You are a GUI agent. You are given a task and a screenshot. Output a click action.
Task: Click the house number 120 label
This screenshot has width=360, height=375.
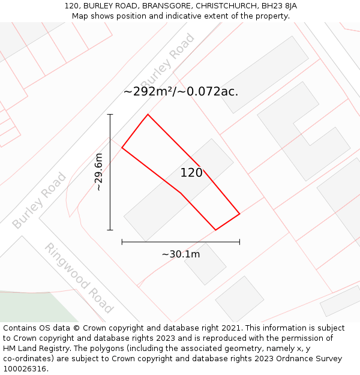(x=191, y=173)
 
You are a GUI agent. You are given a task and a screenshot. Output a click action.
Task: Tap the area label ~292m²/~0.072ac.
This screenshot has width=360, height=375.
(x=181, y=92)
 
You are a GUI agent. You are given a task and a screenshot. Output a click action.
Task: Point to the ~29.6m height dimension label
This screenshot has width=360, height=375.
(x=99, y=172)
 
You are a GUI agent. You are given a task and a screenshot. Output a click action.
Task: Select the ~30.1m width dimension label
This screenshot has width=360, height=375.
(x=181, y=254)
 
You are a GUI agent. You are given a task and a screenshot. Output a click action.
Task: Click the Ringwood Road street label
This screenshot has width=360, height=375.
(x=79, y=278)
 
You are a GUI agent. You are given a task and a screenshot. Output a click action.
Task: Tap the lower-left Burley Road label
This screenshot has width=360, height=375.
(x=39, y=200)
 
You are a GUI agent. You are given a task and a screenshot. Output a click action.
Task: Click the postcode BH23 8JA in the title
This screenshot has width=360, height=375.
(x=278, y=6)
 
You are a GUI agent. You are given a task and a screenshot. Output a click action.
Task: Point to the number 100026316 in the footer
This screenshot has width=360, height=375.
(x=24, y=369)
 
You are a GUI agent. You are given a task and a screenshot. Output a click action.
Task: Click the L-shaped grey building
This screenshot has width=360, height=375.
(x=304, y=131)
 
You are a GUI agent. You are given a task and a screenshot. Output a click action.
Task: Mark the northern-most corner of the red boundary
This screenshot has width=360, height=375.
(x=148, y=114)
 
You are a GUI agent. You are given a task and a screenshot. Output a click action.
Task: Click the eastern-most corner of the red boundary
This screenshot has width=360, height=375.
(x=239, y=214)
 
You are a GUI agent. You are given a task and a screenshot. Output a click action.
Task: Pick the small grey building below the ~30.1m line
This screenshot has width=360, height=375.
(x=205, y=264)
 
